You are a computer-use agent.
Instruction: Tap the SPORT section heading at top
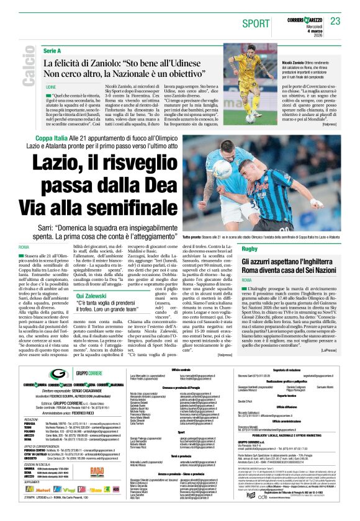click(256, 23)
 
